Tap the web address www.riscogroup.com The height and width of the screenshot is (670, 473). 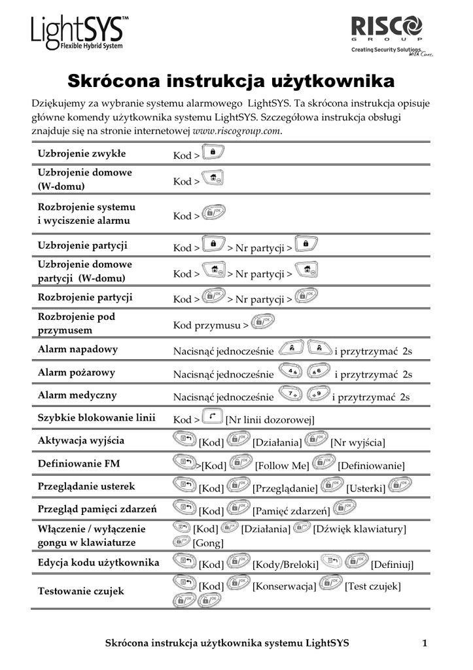pos(237,132)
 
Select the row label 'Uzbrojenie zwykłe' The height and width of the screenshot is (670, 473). pos(82,154)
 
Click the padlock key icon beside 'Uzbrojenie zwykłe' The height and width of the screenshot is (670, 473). pos(213,152)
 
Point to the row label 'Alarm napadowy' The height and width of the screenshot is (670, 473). pos(78,349)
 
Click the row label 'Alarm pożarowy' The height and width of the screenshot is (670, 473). pos(77,373)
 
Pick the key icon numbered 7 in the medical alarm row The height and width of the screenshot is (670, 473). pos(290,394)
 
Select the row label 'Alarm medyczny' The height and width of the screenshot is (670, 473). pos(77,395)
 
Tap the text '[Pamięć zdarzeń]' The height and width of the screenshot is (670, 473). pos(292,511)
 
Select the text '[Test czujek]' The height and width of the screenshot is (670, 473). pos(372,586)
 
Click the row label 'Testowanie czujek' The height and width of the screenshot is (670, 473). pos(80,591)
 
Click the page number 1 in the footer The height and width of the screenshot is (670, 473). pos(425,643)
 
